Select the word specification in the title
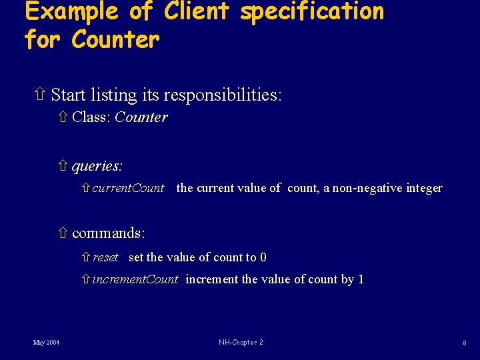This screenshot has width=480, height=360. pos(312,12)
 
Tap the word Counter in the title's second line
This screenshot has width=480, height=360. pos(115,39)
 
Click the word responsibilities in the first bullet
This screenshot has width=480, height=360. pos(223,95)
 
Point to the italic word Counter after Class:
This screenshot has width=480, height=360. pos(141,118)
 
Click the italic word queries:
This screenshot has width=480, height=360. pos(97,165)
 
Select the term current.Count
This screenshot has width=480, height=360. pos(128,188)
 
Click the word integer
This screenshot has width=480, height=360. pos(425,189)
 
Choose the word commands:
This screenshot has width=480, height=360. pos(109,233)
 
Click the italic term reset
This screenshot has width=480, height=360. pos(105,257)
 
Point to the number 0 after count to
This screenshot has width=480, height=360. pos(263,257)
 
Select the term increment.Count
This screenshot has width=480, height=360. pos(135,279)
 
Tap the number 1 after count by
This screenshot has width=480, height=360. pos(361,279)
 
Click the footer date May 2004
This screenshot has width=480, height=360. pos(46,343)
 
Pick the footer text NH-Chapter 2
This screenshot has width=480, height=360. pos(241,343)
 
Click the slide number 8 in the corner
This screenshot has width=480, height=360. pos(465,343)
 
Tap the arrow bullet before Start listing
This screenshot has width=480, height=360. pos(40,95)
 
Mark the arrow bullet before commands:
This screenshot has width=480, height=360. pos(63,233)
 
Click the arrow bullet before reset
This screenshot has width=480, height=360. pos(85,257)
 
